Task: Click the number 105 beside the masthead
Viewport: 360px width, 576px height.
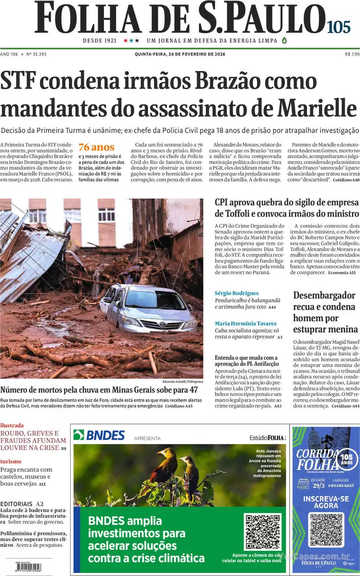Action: [339, 27]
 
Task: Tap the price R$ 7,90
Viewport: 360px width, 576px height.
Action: [351, 54]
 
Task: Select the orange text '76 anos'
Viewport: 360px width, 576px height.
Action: [96, 147]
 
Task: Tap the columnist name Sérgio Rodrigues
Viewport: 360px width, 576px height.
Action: [237, 293]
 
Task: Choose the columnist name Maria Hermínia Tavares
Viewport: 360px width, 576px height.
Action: [245, 324]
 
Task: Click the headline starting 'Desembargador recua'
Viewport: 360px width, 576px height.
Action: [325, 312]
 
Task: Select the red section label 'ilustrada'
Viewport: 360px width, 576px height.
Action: [12, 425]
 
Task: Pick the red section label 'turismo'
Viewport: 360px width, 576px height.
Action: [11, 461]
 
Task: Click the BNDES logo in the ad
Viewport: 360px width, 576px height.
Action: [99, 435]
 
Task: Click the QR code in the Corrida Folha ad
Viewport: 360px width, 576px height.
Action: [326, 530]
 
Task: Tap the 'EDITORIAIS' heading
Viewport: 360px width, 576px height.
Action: [17, 504]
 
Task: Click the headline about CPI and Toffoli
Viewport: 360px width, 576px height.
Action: [287, 207]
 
